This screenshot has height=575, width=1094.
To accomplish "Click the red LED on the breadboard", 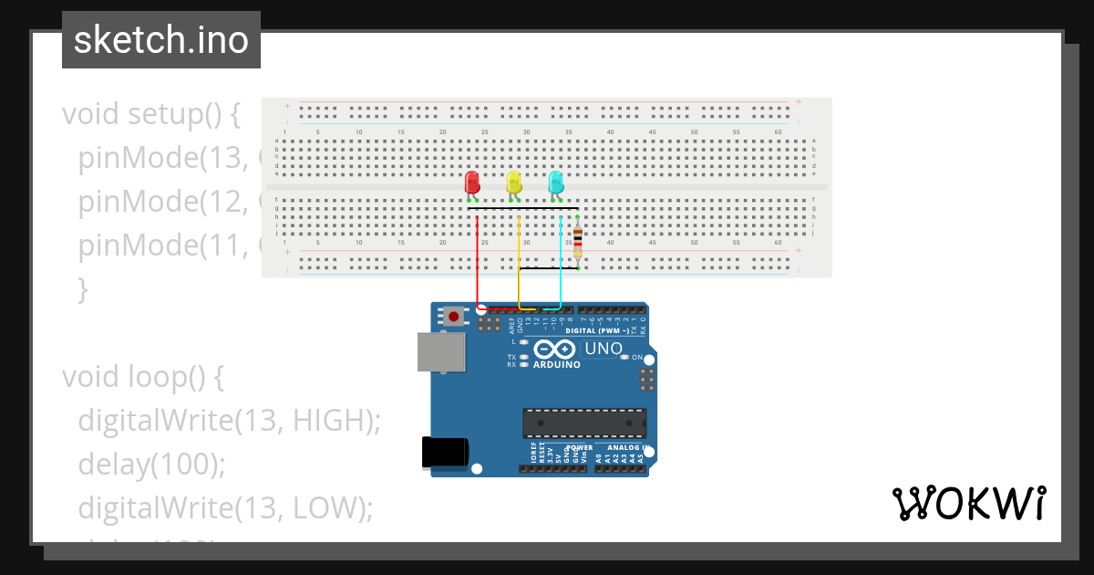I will click(x=471, y=181).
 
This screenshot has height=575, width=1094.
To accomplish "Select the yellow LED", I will click(x=513, y=181).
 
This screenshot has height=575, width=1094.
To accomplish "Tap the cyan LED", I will click(x=555, y=181).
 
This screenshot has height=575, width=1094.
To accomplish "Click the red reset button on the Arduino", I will click(x=453, y=317).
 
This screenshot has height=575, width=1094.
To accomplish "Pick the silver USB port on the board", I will click(x=439, y=351).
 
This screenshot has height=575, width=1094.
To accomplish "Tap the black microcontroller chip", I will click(x=584, y=423).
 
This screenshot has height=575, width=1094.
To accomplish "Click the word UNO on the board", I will click(x=603, y=349).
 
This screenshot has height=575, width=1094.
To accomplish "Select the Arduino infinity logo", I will click(x=554, y=350).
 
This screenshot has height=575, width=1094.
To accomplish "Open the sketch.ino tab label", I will click(x=161, y=40).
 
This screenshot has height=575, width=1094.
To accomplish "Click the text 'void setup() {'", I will click(x=151, y=114).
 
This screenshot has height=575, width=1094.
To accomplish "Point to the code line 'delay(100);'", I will click(x=151, y=465).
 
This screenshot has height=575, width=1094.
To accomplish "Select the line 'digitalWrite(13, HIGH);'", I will click(x=229, y=420).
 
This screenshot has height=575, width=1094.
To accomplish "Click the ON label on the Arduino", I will click(x=637, y=357).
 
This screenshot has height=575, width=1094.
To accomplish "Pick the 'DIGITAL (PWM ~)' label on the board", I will click(x=597, y=331).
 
